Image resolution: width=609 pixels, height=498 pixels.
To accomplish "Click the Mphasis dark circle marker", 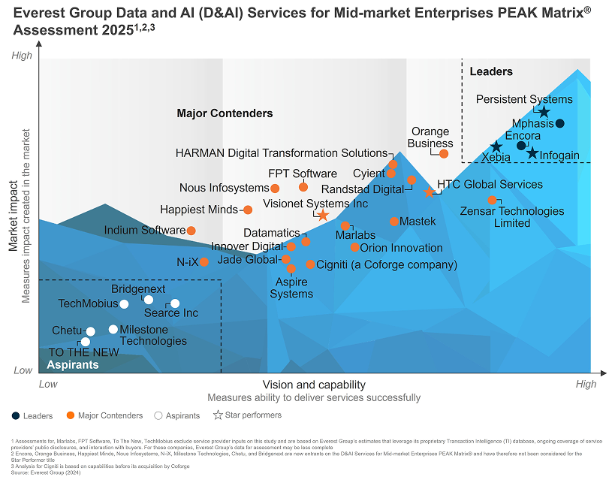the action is click(x=559, y=123).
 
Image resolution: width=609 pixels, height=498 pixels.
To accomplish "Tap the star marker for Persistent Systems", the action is click(x=544, y=112).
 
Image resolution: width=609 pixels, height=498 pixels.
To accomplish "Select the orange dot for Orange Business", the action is click(x=444, y=154).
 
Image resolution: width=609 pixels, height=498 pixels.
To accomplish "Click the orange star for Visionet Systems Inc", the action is click(x=323, y=215).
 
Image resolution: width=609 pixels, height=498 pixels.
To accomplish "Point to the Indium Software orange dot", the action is click(x=191, y=231).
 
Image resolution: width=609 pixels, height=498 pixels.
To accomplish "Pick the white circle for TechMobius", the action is click(x=124, y=304).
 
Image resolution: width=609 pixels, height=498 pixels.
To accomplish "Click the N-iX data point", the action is click(x=204, y=262).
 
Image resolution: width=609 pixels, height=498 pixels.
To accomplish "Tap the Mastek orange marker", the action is click(x=394, y=222).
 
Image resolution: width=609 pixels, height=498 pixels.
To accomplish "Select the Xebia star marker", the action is click(x=496, y=146).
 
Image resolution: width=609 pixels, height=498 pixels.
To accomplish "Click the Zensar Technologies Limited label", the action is click(x=512, y=217).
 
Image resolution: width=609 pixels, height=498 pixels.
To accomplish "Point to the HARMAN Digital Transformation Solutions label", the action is click(x=282, y=153).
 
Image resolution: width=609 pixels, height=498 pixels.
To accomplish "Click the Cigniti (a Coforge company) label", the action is click(x=387, y=265).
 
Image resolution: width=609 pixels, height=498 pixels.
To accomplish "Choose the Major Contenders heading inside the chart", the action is click(x=225, y=113).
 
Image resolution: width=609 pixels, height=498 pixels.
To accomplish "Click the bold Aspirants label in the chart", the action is click(x=73, y=365).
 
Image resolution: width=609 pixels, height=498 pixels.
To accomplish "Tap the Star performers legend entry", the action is click(x=247, y=415).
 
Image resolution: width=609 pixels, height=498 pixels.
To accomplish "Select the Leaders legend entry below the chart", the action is click(x=32, y=416).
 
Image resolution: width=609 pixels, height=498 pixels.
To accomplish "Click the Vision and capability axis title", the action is click(x=314, y=385).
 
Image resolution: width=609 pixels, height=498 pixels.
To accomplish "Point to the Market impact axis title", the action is click(x=14, y=216).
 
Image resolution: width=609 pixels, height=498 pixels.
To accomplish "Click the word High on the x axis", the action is click(x=586, y=384).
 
